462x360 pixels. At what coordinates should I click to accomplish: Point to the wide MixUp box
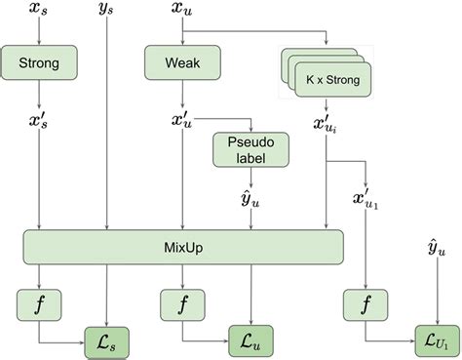(184, 246)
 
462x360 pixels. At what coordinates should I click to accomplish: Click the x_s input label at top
(38, 12)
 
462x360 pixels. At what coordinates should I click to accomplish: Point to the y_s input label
(106, 12)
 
